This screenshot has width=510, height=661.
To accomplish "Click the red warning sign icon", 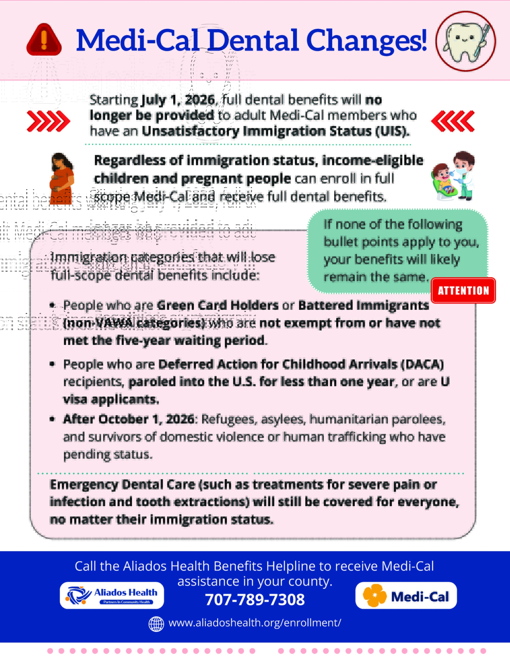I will (x=44, y=40).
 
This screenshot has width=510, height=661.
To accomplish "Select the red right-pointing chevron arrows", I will (x=48, y=121).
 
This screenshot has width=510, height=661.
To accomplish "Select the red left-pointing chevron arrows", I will (x=453, y=121).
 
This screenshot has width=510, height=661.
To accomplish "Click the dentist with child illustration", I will (x=453, y=176).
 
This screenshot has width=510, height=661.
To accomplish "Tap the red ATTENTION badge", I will (x=463, y=290).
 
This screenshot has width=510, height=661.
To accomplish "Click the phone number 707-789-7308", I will (x=255, y=600).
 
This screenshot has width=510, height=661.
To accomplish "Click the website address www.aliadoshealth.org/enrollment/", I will (x=255, y=623).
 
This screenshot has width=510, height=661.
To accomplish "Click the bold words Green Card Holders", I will (x=217, y=305).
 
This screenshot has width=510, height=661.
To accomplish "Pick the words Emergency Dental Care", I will (x=122, y=485).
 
